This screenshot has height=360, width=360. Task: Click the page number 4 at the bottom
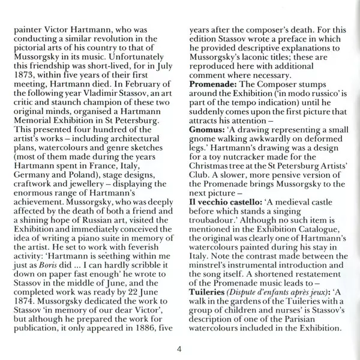point(179,349)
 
